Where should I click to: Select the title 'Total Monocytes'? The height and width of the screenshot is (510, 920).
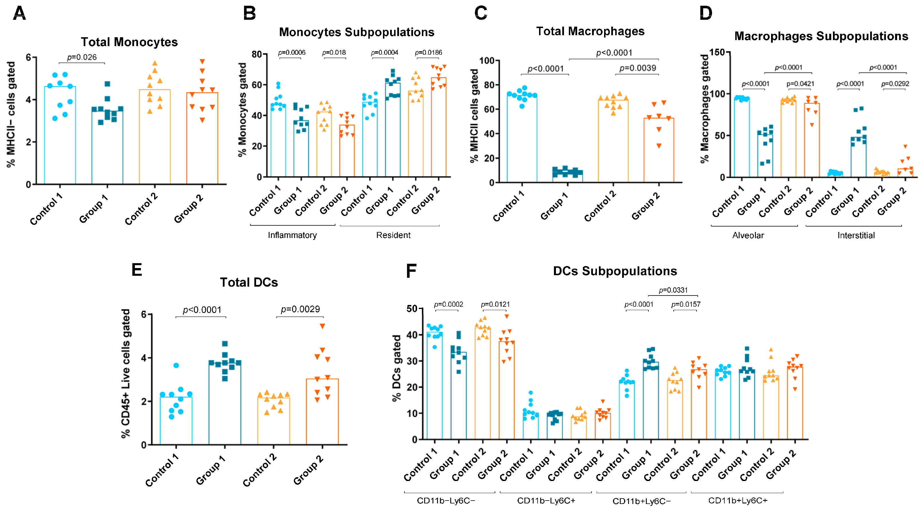tap(129, 42)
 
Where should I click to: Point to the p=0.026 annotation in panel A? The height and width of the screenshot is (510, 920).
tap(82, 57)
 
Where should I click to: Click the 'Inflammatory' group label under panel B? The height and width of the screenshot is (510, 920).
tap(292, 235)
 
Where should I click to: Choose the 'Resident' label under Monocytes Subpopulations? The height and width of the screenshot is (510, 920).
tap(393, 235)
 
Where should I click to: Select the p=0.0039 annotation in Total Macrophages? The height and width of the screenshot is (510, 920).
tap(638, 68)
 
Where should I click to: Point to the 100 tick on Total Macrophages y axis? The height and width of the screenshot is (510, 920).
tap(486, 61)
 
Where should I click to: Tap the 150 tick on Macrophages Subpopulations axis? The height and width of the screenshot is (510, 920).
tap(717, 52)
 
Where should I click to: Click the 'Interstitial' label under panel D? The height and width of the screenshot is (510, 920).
tap(856, 235)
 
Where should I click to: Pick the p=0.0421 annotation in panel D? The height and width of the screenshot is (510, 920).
tap(800, 84)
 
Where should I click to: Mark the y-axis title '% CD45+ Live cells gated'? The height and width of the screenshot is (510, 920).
tap(126, 373)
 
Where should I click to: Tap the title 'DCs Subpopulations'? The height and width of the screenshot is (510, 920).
tap(615, 271)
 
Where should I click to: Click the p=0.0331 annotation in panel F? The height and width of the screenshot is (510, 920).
tap(673, 290)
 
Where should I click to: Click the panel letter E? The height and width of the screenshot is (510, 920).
tap(137, 270)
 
